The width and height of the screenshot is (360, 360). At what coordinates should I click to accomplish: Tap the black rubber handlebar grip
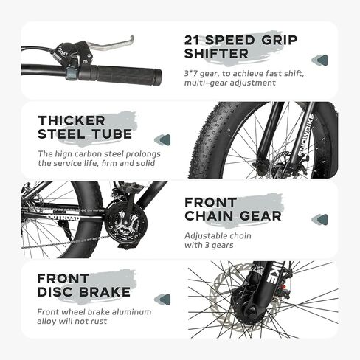tap(129, 75)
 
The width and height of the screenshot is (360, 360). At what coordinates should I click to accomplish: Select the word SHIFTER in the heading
tap(216, 54)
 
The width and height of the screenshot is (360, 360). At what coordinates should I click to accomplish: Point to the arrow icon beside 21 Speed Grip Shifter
tap(319, 60)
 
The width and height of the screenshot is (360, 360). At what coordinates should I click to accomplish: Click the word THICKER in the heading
tap(72, 120)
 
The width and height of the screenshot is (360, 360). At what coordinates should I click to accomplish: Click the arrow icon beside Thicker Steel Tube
tap(162, 140)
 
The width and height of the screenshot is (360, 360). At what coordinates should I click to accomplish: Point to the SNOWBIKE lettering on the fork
tap(305, 135)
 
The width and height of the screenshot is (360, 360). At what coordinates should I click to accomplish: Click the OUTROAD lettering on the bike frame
tap(63, 218)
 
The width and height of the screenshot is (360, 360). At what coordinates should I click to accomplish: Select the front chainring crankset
tap(125, 225)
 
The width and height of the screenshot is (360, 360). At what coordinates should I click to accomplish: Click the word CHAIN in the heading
tap(209, 216)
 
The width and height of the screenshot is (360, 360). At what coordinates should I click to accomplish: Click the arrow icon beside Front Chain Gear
tap(319, 220)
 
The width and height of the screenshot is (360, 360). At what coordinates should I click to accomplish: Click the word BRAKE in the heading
tap(105, 292)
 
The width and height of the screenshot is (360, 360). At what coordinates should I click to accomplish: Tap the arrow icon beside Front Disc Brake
tap(162, 300)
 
